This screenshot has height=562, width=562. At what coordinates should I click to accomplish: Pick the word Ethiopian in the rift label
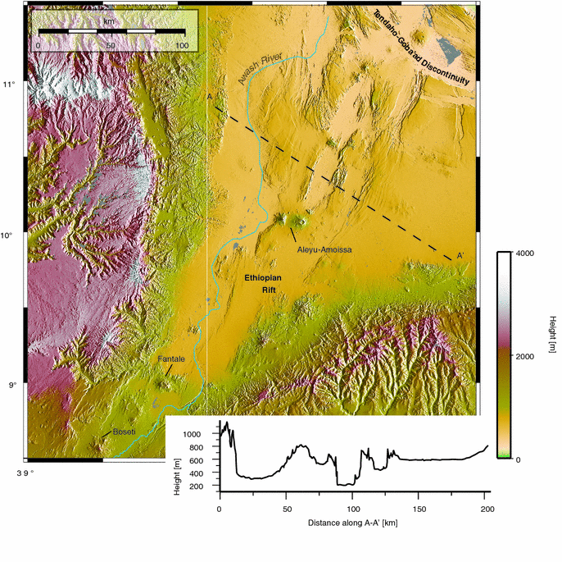265,279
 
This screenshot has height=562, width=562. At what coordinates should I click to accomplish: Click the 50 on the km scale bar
111,45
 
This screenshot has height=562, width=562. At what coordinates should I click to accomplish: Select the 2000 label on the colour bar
525,356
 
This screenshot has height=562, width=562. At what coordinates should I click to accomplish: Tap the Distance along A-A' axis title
352,523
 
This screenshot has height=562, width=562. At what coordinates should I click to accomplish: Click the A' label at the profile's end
461,256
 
